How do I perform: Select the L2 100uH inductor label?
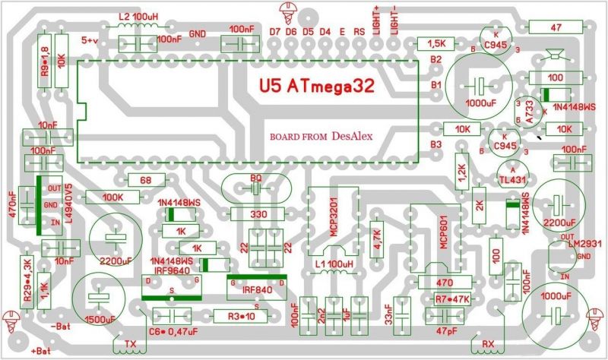135,15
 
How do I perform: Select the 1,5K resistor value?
436,43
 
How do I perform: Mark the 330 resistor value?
258,215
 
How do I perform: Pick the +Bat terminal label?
42,351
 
